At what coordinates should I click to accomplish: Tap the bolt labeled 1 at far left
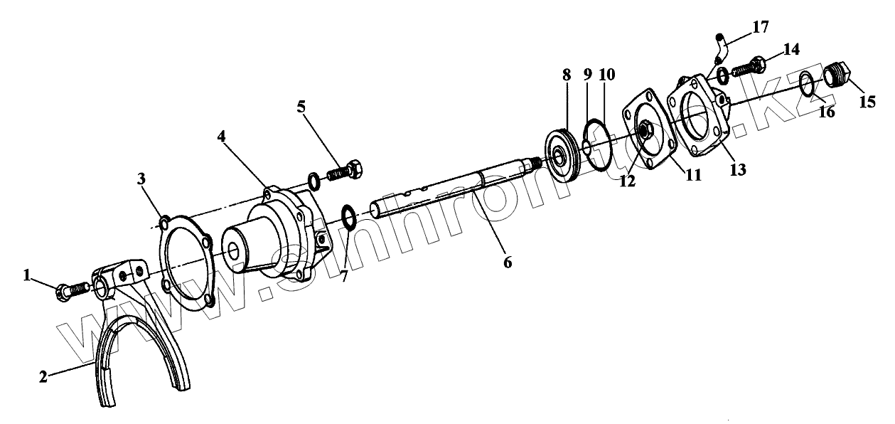tap(71, 290)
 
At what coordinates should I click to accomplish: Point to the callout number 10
tap(606, 74)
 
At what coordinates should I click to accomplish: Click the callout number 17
tap(760, 27)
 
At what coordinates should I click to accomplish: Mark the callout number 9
tap(587, 74)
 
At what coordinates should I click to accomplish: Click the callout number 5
tap(302, 107)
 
